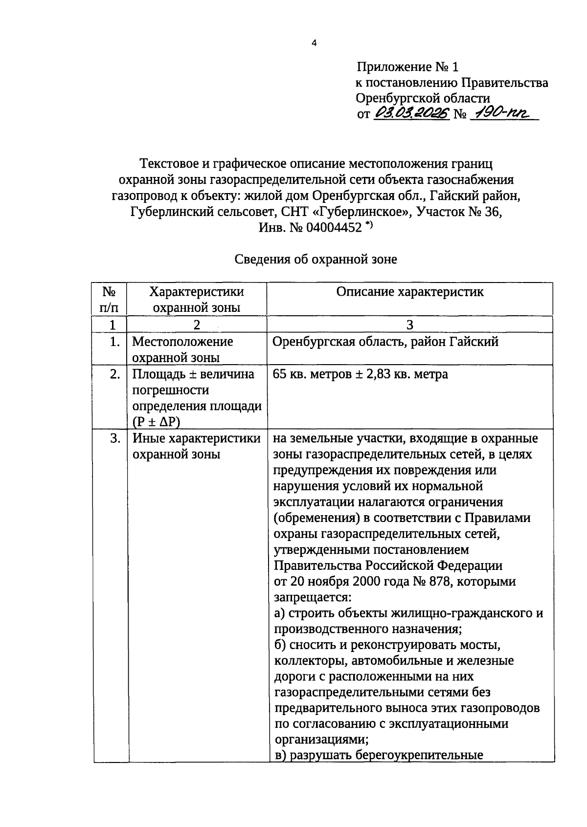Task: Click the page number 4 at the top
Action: coord(314,43)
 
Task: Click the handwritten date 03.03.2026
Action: coord(411,114)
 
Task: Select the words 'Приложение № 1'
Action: coord(408,67)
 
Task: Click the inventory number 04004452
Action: coord(334,228)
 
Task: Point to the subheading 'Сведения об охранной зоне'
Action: coord(316,260)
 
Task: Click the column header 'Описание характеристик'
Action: coord(410,292)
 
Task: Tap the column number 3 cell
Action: coord(410,325)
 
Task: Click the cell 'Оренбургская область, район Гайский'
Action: coord(385,342)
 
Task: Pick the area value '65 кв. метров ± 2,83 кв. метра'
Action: coord(361,374)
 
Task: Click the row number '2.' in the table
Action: coord(114,374)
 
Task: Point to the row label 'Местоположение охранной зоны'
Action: coord(182,349)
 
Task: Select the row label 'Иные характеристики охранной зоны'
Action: coord(196,446)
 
